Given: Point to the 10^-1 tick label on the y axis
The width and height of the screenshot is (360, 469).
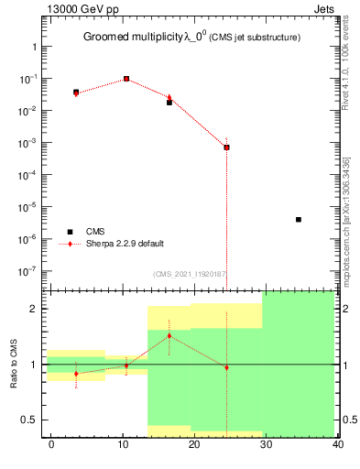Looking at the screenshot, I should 28,79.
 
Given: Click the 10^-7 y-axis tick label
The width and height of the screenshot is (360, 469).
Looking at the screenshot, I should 28,271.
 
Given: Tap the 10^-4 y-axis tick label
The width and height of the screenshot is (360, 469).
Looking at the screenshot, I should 28,175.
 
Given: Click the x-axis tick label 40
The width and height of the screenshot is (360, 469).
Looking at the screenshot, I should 338,444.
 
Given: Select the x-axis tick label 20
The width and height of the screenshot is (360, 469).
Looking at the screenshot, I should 194,444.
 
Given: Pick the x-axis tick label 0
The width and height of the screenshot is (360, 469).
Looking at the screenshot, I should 51,444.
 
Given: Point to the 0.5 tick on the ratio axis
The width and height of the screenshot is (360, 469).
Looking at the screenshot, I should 29,420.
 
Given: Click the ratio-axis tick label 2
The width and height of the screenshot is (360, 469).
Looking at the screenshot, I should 34,309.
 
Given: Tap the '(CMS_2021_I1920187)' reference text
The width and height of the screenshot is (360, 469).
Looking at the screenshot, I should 190,273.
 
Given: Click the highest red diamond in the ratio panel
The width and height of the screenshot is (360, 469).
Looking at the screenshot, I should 169,336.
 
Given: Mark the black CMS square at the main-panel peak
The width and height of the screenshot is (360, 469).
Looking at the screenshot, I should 126,79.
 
